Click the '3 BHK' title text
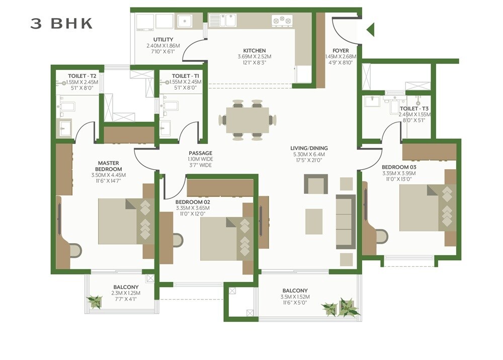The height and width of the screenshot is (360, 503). [x=62, y=23]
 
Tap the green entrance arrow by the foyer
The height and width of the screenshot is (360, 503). [x=371, y=30]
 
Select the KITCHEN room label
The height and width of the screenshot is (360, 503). [x=255, y=51]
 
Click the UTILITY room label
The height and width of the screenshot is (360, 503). [x=163, y=39]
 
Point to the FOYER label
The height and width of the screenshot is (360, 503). [x=341, y=51]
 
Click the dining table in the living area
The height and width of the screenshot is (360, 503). [x=247, y=120]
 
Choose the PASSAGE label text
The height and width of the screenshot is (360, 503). [x=200, y=153]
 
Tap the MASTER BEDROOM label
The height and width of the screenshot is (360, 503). [x=108, y=166]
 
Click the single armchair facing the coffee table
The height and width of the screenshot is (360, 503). [x=316, y=184]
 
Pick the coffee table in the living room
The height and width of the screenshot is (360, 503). [x=314, y=222]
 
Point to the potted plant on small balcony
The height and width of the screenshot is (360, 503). [x=94, y=301]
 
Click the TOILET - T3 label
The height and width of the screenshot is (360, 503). [x=414, y=108]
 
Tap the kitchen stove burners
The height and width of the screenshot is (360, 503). [x=282, y=20]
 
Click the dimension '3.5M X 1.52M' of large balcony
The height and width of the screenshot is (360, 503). [x=295, y=297]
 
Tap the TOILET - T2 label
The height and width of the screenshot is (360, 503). [x=79, y=76]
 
